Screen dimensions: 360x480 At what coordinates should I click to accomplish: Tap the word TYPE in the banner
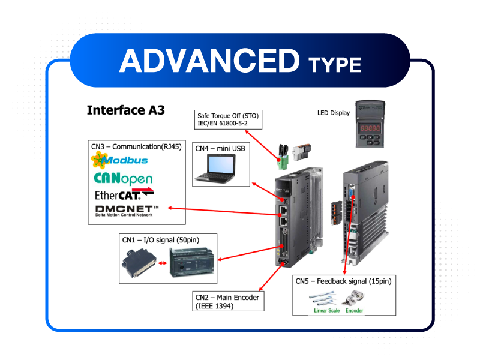pos(335,64)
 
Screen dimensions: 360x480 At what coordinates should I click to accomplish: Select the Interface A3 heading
pos(125,110)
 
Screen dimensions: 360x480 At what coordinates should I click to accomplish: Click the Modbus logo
pos(119,160)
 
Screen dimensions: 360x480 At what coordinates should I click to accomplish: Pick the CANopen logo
pos(123,178)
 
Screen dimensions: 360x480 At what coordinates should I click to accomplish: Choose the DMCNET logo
pos(127,209)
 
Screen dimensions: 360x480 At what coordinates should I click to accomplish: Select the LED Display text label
pos(333,112)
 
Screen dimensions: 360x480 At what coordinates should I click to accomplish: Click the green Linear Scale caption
pos(326,311)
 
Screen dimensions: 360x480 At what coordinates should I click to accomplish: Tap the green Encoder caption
pos(354,311)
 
